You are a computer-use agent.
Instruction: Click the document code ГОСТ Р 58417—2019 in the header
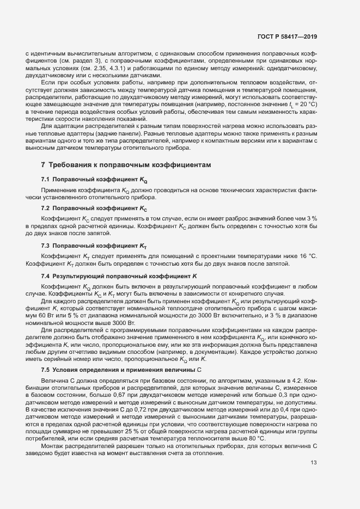287,38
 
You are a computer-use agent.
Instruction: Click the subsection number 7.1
46,179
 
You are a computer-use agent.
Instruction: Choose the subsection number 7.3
46,246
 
